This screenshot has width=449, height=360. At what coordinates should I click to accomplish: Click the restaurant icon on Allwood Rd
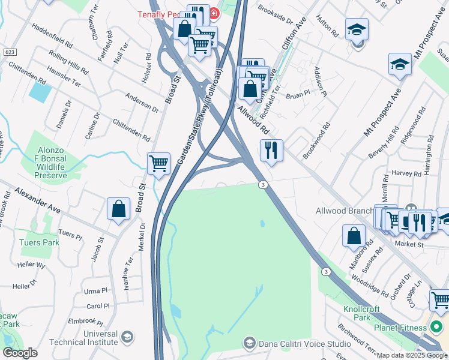coord(271,150)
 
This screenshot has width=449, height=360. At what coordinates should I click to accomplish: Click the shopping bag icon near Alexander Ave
coord(119,209)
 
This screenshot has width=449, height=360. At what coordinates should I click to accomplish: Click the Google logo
coord(20,353)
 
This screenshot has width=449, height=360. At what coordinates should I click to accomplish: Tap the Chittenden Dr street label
coord(131,130)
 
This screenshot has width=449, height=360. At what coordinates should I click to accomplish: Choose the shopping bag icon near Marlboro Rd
coord(354,235)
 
